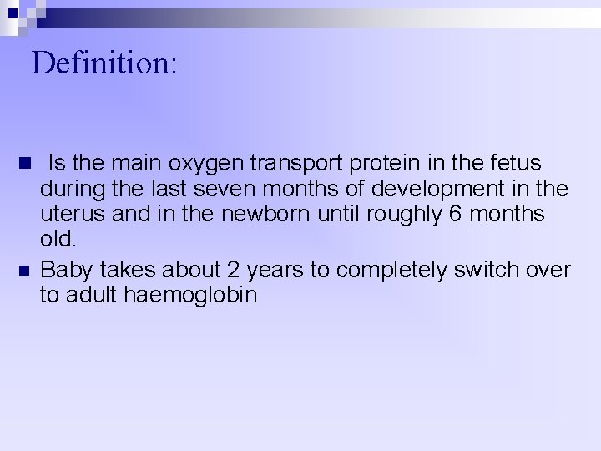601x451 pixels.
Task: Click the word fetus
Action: coord(513,163)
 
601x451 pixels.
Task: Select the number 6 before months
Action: coord(455,215)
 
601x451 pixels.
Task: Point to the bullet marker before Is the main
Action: coord(23,160)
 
